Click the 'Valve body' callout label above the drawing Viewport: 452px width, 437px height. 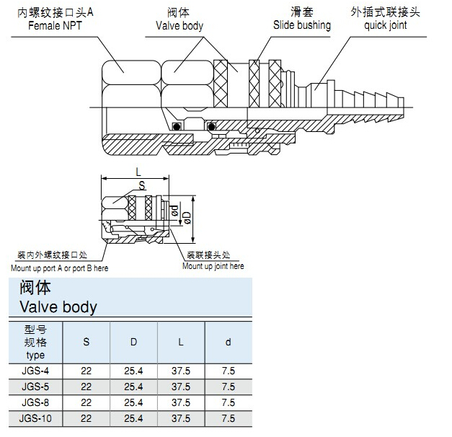[180, 26]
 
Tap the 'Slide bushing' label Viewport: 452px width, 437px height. [301, 25]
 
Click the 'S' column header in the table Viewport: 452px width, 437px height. [87, 342]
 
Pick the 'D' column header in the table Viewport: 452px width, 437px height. [133, 342]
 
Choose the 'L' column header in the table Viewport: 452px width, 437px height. [180, 342]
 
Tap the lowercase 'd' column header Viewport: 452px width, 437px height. [228, 342]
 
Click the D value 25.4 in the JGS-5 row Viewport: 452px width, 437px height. [133, 387]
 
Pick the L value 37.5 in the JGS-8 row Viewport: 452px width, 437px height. [180, 402]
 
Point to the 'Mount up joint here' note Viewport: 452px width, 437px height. [213, 267]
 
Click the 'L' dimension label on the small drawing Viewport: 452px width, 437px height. [138, 172]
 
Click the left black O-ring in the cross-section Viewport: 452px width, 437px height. [177, 128]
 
